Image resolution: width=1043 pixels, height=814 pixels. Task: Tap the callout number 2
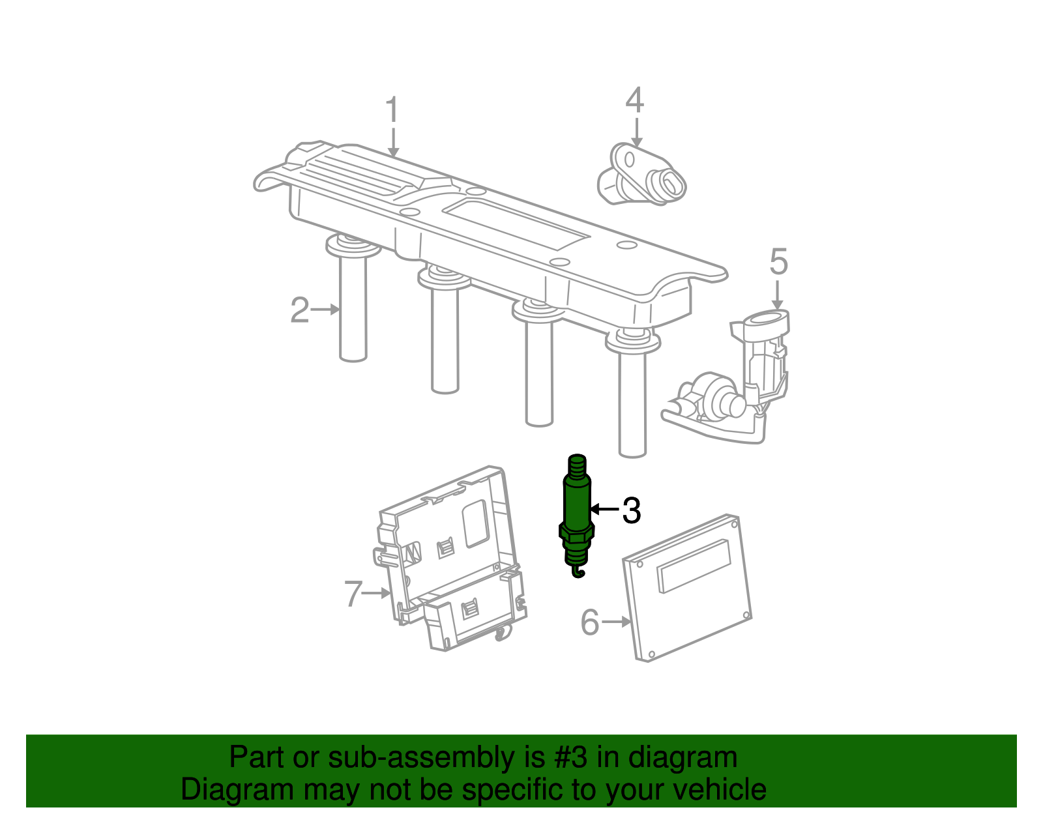coord(300,310)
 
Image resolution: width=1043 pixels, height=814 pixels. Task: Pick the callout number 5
coord(778,261)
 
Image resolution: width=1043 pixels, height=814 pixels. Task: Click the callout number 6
coord(590,622)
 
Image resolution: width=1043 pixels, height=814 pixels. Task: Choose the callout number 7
coord(353,593)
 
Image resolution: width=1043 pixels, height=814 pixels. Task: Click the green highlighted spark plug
coord(577,516)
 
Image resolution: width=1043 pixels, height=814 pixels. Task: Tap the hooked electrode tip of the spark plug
coord(579,572)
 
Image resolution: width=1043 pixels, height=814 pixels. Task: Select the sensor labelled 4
coord(641,175)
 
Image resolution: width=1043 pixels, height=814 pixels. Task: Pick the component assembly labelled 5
coord(727,377)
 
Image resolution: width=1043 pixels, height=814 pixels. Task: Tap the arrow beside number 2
coord(325,310)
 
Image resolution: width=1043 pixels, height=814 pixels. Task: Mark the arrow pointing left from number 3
coord(605,510)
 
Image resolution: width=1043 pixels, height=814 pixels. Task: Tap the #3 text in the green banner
coord(570,757)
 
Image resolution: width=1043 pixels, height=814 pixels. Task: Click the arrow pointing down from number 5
coord(778,295)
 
